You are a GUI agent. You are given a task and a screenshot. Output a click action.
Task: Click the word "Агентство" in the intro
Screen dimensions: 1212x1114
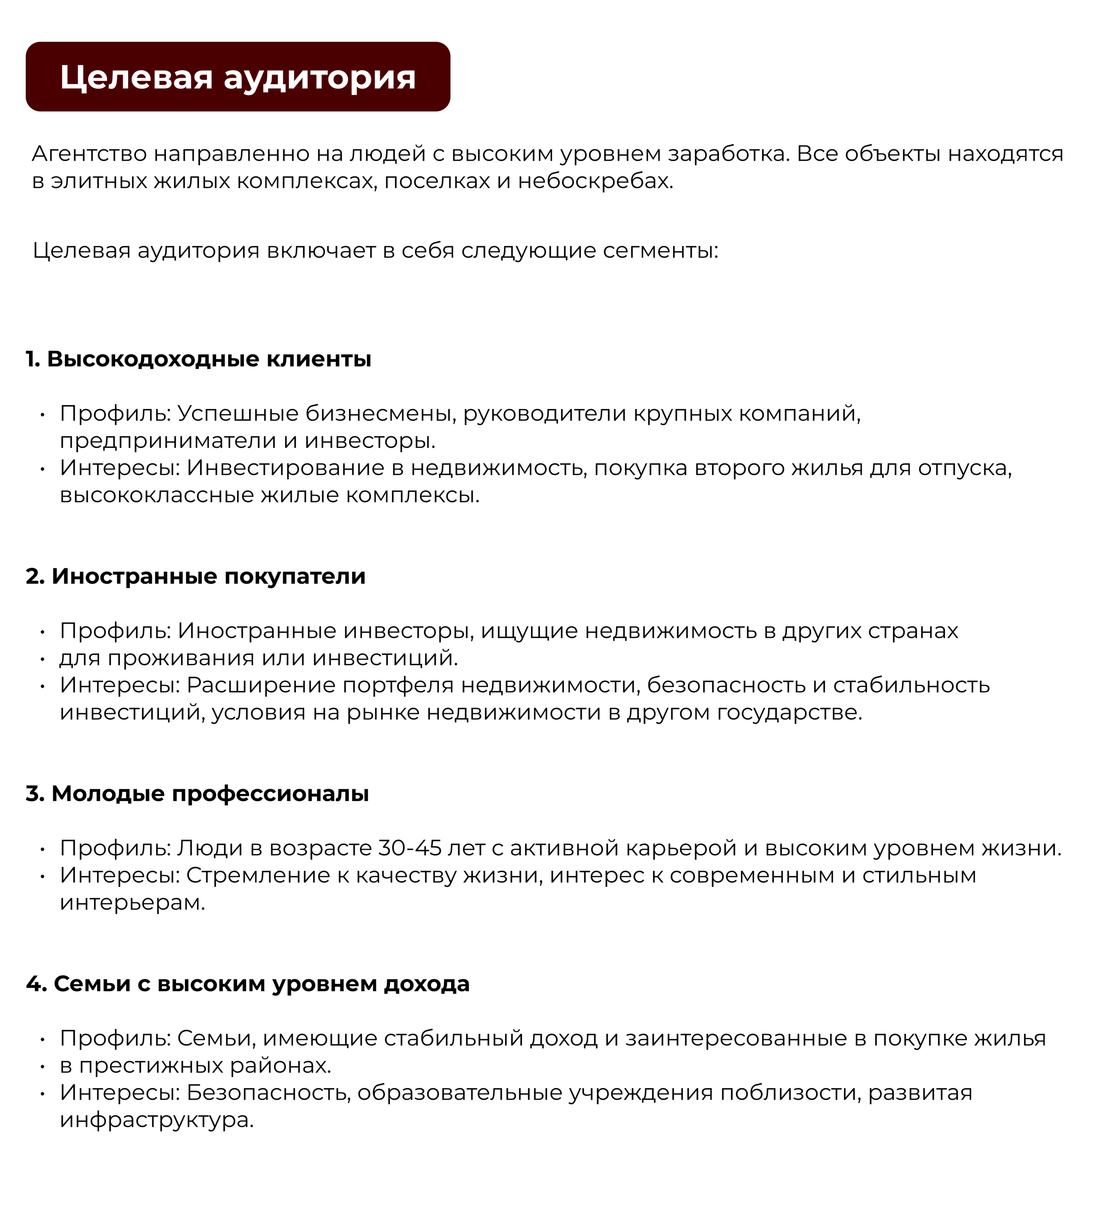click(x=89, y=154)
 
